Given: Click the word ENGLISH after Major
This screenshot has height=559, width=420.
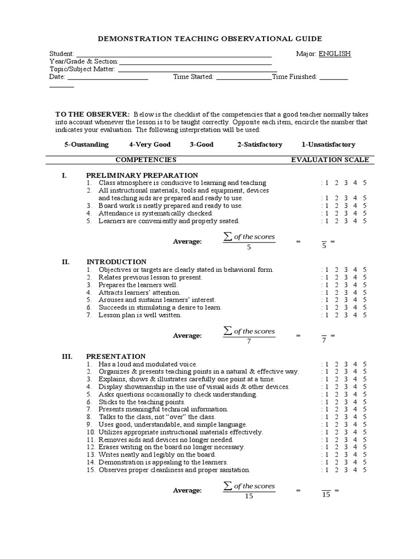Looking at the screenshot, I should click(335, 53).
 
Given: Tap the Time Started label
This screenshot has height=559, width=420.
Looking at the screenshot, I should click(193, 77).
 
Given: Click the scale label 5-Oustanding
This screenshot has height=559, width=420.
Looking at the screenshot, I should click(86, 145).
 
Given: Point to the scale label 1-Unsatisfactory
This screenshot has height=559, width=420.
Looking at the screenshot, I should click(328, 145).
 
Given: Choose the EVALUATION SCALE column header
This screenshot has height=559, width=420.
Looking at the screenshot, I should click(330, 160).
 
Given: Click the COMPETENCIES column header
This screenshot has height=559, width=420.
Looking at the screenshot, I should click(145, 160).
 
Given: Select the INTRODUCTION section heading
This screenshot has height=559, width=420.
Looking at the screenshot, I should click(116, 262).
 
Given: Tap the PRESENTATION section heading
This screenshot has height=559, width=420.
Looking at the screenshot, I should click(116, 356).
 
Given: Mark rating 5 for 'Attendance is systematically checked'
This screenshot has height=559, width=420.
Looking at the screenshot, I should click(365, 213).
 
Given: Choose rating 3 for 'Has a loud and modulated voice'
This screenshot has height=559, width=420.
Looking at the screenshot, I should click(346, 364).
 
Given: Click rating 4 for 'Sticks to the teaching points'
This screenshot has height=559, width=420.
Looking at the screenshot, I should click(355, 402).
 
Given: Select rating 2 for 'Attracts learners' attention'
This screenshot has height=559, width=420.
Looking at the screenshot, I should click(336, 293).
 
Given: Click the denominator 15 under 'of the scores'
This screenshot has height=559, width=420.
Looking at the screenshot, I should click(249, 496).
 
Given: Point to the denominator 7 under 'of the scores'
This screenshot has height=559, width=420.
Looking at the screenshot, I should click(249, 341).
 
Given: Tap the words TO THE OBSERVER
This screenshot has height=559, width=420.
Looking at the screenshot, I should click(92, 114).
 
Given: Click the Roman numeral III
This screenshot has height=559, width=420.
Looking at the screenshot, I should click(67, 356).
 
